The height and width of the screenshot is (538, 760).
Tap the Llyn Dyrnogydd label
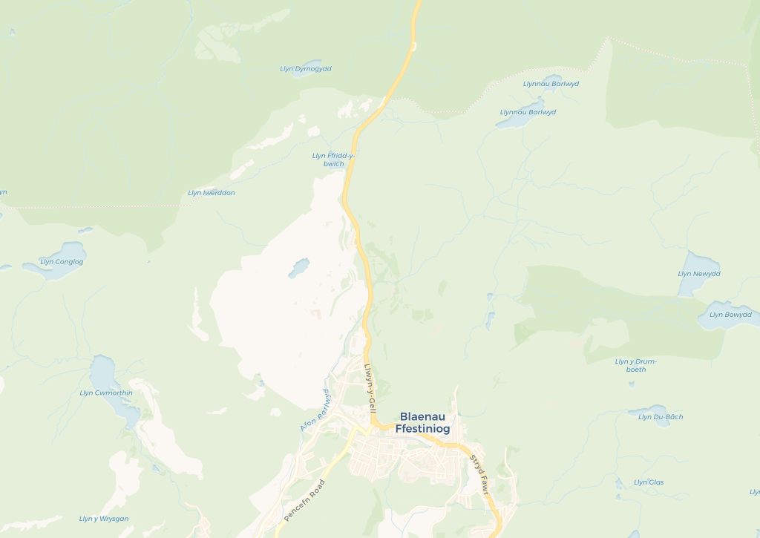point(306,69)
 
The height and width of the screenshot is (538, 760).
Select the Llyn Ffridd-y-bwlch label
point(333,160)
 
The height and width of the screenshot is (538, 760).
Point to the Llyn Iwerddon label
point(212,193)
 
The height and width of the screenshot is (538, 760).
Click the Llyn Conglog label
point(62,262)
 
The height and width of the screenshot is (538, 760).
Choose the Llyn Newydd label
point(699,274)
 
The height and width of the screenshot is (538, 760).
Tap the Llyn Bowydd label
point(730,315)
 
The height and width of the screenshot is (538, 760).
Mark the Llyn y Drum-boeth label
point(636,365)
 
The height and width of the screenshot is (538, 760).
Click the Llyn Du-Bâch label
point(661,417)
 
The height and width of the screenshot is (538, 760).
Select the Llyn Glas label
point(649,482)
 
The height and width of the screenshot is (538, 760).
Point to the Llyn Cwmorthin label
point(106,393)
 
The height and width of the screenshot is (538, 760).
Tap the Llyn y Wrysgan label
point(104,519)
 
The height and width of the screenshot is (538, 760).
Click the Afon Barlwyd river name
point(315,413)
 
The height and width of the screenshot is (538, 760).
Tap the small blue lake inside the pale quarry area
point(298,267)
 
